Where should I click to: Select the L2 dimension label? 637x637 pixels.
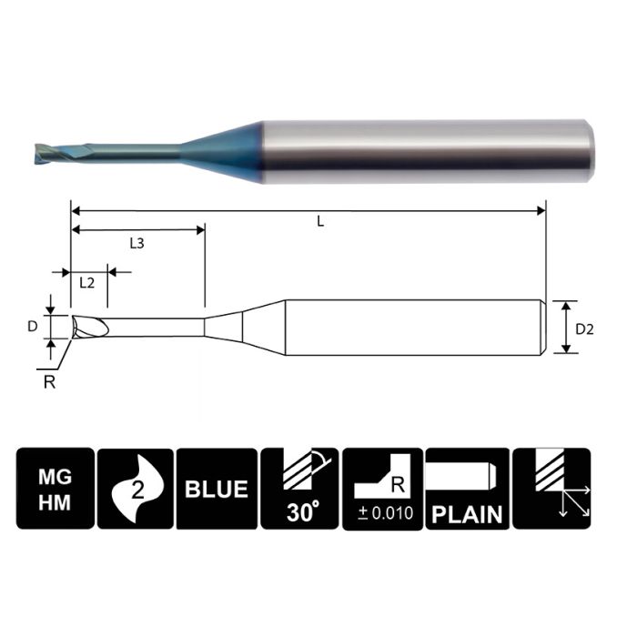87,282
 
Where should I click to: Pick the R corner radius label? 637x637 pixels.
50,381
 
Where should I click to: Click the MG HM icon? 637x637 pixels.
54,489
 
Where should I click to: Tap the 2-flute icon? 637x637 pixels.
136,489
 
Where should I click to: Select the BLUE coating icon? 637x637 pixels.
217,489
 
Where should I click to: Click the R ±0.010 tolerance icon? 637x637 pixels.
382,489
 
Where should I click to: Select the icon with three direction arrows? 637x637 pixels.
551,489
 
